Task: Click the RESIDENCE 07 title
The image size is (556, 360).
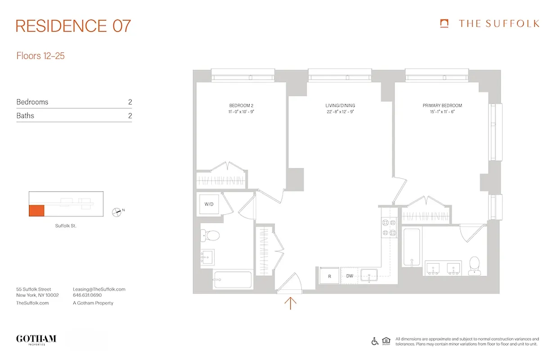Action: (73, 26)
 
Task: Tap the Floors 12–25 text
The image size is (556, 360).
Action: (40, 56)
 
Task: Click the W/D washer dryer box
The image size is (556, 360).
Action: (209, 204)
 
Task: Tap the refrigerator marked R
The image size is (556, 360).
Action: (329, 276)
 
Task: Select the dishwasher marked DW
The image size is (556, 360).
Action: (350, 276)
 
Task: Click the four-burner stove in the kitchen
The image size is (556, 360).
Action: (388, 227)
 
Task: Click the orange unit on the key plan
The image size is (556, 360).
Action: (37, 210)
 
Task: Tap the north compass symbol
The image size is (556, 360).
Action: (117, 211)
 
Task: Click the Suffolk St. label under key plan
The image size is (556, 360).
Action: (65, 226)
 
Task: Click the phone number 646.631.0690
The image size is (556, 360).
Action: (87, 296)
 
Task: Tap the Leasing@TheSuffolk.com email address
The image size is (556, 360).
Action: (99, 289)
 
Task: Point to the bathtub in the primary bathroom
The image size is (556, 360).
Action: (412, 247)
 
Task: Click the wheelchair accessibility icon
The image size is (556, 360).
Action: (375, 341)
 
